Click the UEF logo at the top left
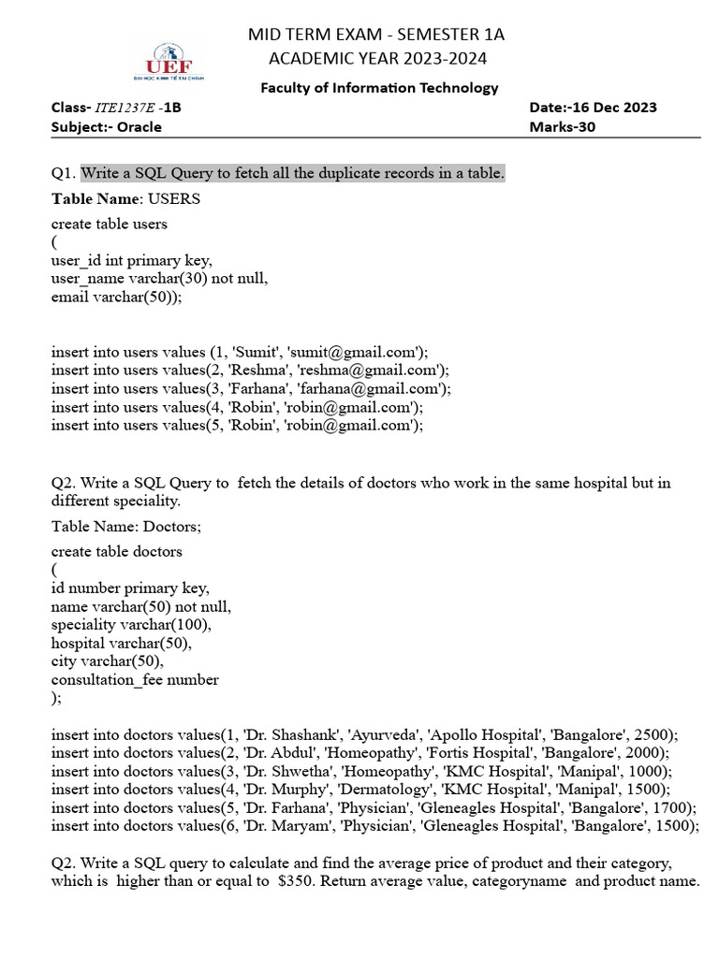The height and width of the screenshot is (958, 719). [x=169, y=61]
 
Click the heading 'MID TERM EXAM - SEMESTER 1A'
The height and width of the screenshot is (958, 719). [x=375, y=35]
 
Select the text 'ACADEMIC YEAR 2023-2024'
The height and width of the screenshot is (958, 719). [x=375, y=59]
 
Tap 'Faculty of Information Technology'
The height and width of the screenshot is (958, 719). [x=379, y=88]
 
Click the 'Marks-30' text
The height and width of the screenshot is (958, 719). [x=562, y=127]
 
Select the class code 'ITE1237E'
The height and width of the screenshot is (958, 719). [x=126, y=108]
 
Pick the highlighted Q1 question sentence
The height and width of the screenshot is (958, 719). [x=292, y=173]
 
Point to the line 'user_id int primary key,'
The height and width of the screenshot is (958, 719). [x=131, y=261]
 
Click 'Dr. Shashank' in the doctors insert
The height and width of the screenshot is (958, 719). [x=278, y=735]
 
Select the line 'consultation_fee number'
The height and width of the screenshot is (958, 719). [x=135, y=680]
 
